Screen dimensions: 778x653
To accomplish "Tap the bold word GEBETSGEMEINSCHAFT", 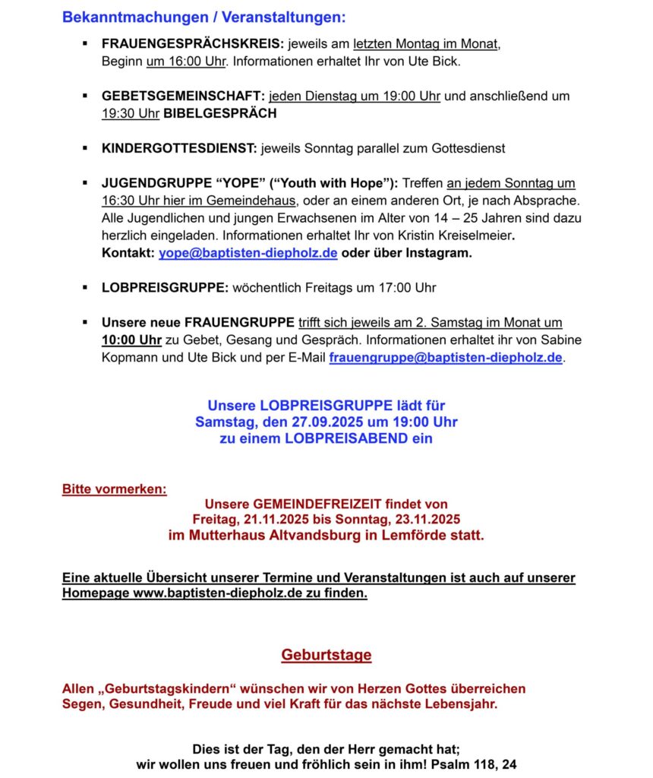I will [182, 96].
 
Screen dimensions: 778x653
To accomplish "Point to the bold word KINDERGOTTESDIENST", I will [179, 148].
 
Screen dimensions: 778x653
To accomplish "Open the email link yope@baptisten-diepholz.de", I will [248, 253].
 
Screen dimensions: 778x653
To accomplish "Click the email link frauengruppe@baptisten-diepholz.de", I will [446, 357].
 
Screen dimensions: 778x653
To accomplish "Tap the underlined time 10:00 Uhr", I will [131, 340].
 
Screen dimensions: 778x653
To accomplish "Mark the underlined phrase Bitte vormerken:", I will [114, 489].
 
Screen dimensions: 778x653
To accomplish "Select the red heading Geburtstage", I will [326, 655].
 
